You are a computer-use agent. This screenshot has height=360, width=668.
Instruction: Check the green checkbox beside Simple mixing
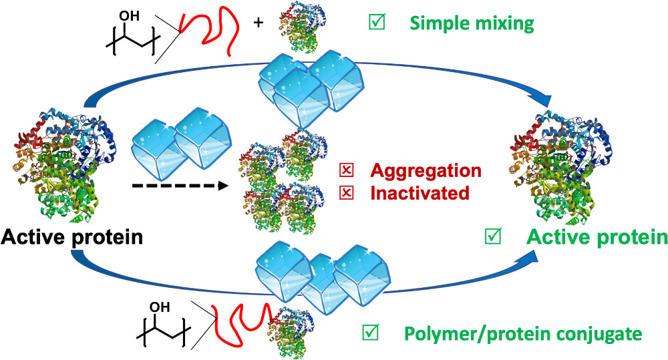376,23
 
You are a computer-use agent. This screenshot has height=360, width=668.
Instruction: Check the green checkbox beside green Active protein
494,235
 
